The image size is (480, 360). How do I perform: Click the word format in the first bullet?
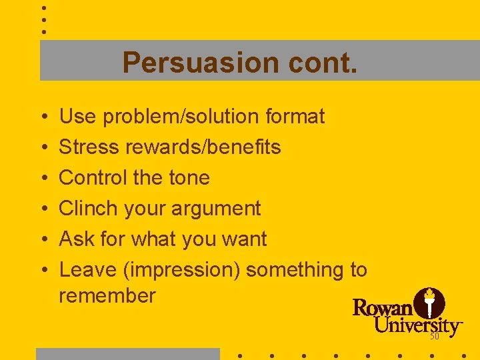click(295, 117)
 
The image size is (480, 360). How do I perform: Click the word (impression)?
click(182, 270)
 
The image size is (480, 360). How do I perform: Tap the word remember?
click(107, 296)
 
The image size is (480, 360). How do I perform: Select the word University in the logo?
click(417, 326)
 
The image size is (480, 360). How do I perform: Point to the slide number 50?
click(435, 337)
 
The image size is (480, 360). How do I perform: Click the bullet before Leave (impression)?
click(43, 271)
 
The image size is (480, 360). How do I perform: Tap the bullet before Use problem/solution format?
click(43, 117)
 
